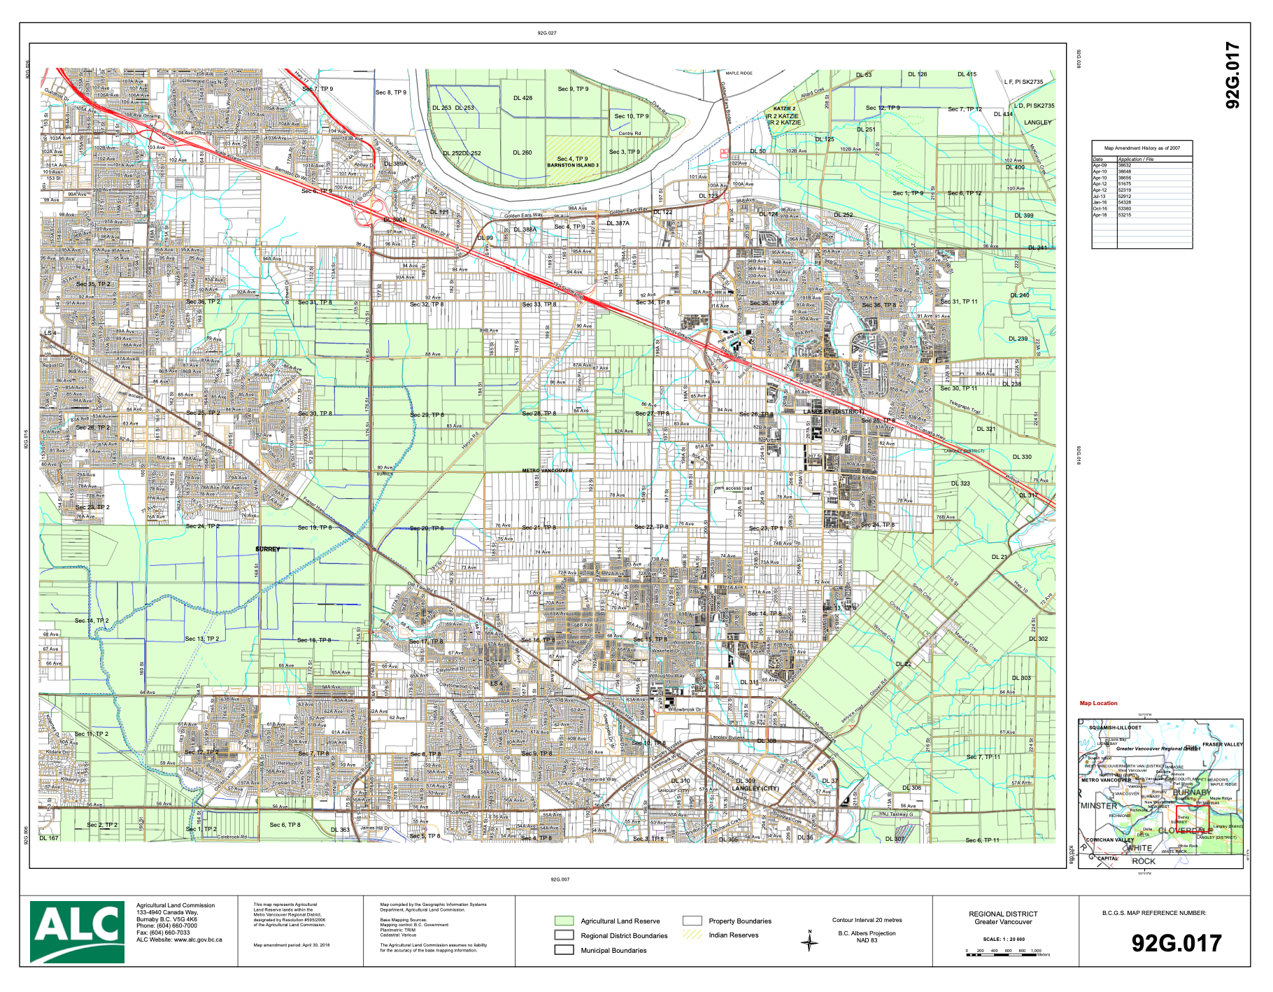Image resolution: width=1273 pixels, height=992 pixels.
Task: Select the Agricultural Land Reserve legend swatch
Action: point(564,921)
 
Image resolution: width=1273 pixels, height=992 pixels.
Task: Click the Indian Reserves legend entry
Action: point(733,935)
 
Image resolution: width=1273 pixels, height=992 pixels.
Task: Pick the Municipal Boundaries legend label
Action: point(613,950)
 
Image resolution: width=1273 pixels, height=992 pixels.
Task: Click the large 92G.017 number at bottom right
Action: point(1176,943)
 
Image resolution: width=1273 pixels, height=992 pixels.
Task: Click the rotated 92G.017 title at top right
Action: point(1232,76)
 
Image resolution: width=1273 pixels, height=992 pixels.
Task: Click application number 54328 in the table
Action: point(1124,202)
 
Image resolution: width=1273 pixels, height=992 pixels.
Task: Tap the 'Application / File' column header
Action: point(1135,159)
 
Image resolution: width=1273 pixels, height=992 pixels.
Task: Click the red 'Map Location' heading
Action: point(1098,703)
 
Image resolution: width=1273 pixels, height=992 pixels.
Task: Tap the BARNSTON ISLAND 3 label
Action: point(573,165)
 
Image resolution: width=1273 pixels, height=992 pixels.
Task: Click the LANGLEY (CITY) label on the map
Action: point(755,788)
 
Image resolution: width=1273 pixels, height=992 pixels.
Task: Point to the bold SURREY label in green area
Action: point(267,549)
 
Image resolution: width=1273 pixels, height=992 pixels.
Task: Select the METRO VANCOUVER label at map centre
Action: point(547,470)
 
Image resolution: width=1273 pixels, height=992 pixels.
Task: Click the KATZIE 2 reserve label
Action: point(784,108)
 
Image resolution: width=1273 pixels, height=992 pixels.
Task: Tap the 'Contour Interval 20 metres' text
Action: point(867,920)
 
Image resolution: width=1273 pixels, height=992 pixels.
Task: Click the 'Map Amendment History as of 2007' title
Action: point(1142,148)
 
